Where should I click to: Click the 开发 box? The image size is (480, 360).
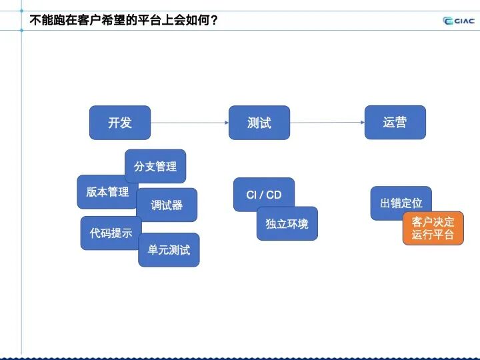(x=120, y=123)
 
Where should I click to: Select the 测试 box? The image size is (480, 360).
(x=259, y=123)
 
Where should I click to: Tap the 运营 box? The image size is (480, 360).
(x=395, y=123)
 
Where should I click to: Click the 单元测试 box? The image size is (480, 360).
(x=169, y=250)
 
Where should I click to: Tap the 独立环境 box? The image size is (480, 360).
(x=287, y=224)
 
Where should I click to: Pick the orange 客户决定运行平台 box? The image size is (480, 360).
(x=433, y=228)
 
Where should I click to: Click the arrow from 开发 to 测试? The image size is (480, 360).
(x=189, y=123)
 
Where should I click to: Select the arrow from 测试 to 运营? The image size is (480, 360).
(x=327, y=123)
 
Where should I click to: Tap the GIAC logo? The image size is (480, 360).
(x=459, y=20)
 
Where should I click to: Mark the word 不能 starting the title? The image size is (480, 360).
(x=41, y=20)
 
